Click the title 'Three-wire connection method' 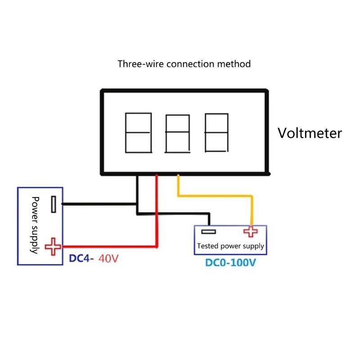(x=184, y=64)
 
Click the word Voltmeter (x=309, y=133)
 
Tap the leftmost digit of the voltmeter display (x=137, y=132)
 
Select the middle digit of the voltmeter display (x=177, y=133)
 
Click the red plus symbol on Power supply (x=54, y=246)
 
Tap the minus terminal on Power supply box (x=54, y=204)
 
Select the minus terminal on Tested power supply (x=208, y=231)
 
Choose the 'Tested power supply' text (x=230, y=247)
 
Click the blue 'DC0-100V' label (x=230, y=262)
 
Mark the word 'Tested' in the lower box (x=208, y=247)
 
